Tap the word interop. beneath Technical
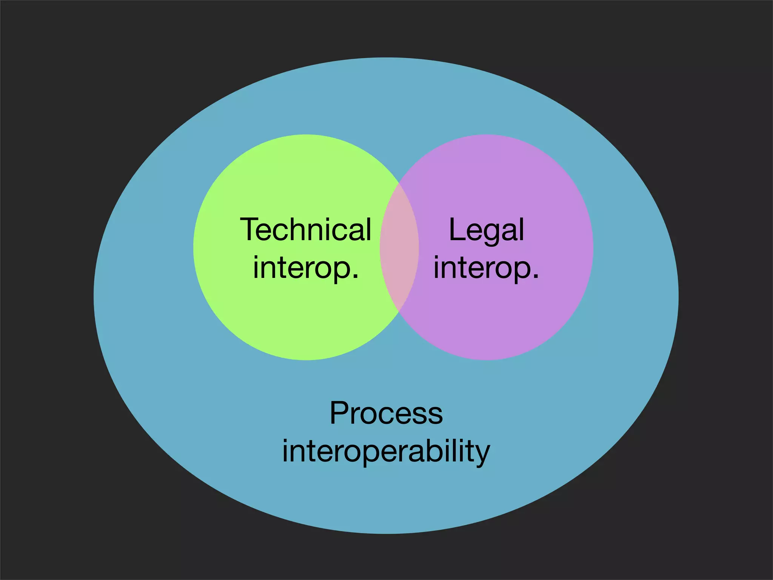click(x=306, y=267)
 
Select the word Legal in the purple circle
click(x=487, y=230)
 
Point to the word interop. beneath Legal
click(x=486, y=267)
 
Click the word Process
click(x=386, y=413)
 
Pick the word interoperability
click(x=386, y=451)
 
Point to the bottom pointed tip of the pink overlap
click(x=399, y=312)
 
